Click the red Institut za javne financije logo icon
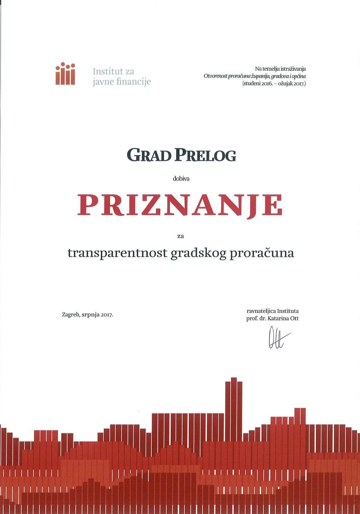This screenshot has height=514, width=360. (x=65, y=74)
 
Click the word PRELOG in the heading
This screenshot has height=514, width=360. (x=206, y=155)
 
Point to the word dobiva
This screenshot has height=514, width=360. (x=181, y=179)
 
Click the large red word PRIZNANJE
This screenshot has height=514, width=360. (x=180, y=205)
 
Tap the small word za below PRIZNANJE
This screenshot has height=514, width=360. (x=180, y=235)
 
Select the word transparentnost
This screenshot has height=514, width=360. (x=117, y=253)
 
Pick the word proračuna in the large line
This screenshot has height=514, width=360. (x=262, y=253)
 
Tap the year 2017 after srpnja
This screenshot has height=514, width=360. (x=107, y=315)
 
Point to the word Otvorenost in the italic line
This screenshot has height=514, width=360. (x=215, y=76)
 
